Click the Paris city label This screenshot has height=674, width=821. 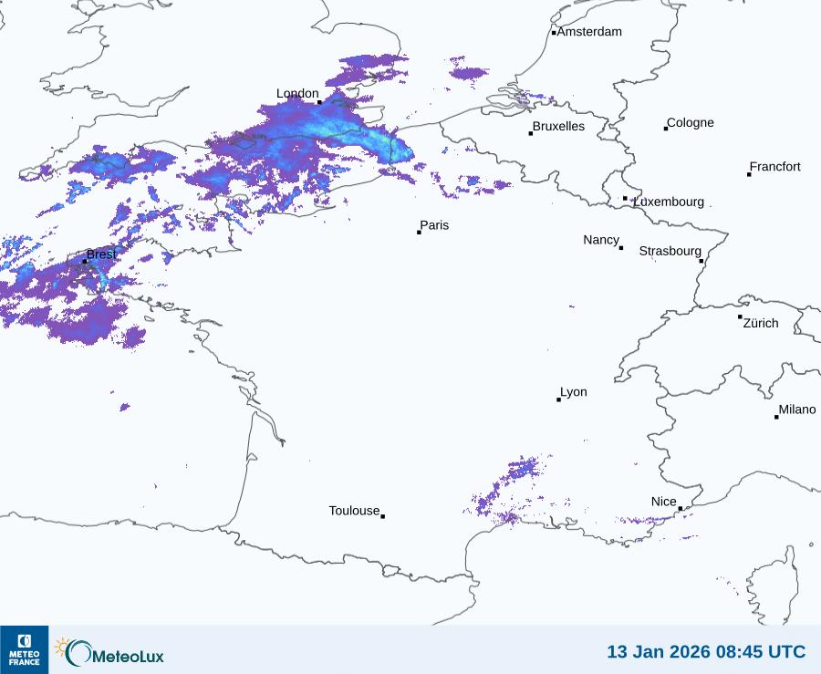[434, 225]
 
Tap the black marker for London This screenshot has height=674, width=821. [319, 101]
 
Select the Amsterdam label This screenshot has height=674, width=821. [589, 32]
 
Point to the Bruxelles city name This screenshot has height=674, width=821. [558, 127]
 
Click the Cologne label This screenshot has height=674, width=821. [691, 123]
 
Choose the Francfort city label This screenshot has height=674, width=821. [774, 167]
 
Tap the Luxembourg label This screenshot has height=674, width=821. [669, 202]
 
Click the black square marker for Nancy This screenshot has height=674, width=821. [621, 248]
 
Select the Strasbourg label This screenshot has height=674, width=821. [670, 251]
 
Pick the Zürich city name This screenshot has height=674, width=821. [761, 323]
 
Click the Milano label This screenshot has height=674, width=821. [797, 410]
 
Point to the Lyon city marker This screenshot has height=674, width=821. [559, 399]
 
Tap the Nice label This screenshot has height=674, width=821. [664, 502]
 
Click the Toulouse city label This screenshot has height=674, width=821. [354, 511]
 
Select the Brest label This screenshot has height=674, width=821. [101, 254]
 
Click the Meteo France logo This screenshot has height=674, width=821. [25, 649]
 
